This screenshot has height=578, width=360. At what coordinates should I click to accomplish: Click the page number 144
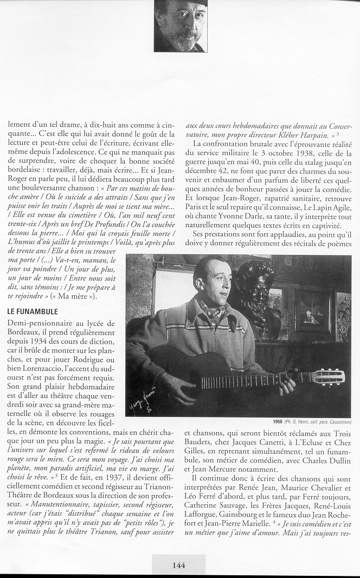coord(179,565)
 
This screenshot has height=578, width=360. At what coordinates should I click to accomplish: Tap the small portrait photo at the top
coord(181,25)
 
